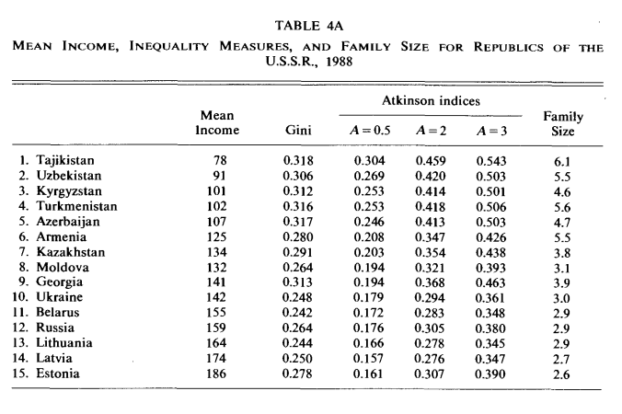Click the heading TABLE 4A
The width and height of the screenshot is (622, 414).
pos(309,26)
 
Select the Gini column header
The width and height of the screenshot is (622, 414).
pos(298,131)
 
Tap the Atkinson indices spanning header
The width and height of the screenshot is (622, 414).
pos(431,101)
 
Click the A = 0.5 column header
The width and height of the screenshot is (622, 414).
pos(370,131)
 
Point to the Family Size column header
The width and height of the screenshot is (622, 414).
pos(563,123)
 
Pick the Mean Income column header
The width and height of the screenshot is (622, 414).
pos(217,123)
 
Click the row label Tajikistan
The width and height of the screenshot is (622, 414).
pos(65,160)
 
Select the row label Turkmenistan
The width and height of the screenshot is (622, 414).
pos(77,206)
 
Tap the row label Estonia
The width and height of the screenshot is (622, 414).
pos(58,374)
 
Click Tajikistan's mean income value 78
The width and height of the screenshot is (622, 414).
pos(220,160)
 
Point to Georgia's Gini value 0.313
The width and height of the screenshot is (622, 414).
pos(297,282)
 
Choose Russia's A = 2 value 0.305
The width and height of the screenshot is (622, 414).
pos(430,328)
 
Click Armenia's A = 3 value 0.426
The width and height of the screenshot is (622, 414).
pos(491,237)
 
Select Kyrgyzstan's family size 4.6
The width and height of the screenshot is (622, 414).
pos(562,192)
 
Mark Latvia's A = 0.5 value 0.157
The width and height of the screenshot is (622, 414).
pos(369,359)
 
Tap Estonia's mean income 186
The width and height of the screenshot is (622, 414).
pos(216,374)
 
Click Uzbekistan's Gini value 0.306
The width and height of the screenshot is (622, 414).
pos(298,176)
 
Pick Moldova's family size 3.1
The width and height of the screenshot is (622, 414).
pos(562,269)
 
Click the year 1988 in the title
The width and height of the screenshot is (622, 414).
pos(340,63)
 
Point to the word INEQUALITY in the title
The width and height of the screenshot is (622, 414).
pos(169,46)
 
